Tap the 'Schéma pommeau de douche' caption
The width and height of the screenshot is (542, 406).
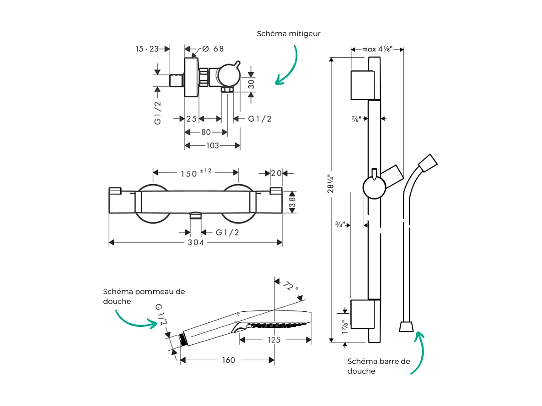click(144, 296)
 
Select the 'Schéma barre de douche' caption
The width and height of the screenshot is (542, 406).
click(378, 366)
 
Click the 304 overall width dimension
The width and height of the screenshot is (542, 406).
click(196, 242)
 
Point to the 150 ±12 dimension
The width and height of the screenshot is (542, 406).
click(195, 172)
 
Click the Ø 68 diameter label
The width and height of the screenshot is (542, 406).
click(213, 48)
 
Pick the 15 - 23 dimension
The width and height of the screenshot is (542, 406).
click(146, 48)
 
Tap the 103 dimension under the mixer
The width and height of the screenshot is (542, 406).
click(212, 145)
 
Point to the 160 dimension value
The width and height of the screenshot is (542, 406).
click(228, 360)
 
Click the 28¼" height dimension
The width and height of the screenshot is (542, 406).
click(330, 183)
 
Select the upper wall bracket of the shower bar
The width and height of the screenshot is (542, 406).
click(365, 85)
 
